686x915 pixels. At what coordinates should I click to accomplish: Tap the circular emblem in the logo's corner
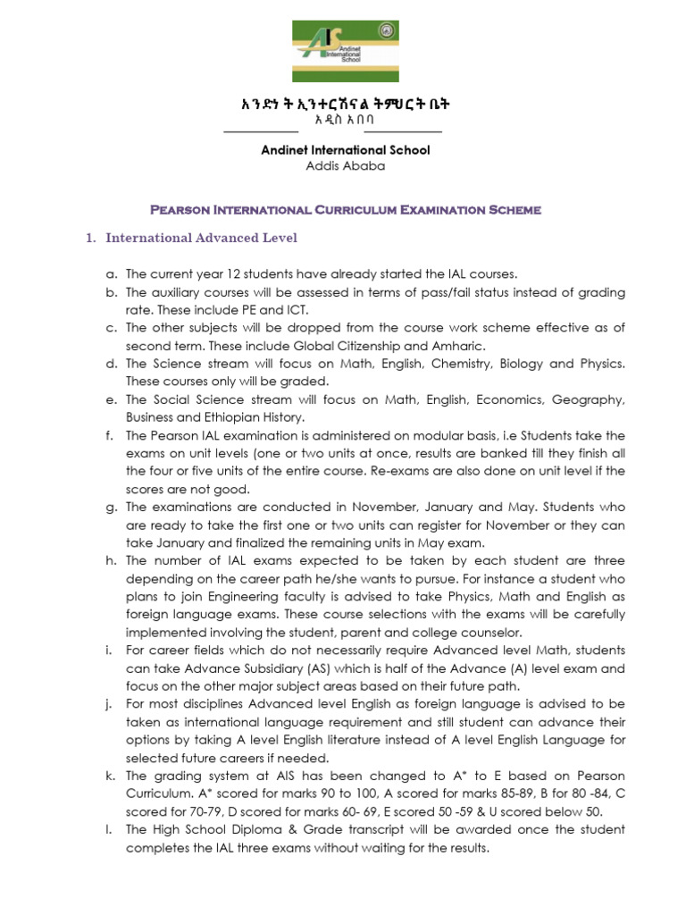[x=387, y=32]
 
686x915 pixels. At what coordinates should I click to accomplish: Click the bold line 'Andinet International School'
[x=345, y=150]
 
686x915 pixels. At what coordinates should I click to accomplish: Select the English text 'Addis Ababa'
[x=344, y=165]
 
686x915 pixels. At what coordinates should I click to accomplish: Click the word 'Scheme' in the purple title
[x=512, y=211]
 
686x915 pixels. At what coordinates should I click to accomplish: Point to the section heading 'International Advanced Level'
[x=201, y=238]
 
